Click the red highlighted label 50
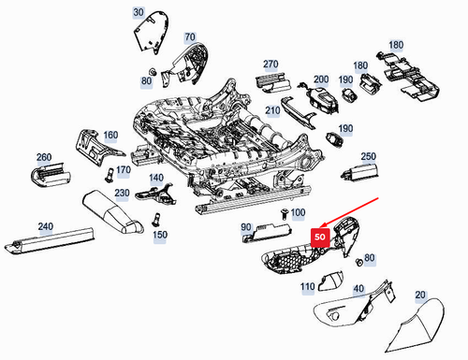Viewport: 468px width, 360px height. (x=320, y=237)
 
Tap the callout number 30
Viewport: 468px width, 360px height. (x=139, y=12)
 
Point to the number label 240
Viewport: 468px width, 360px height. (x=46, y=226)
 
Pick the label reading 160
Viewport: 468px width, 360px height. (x=111, y=136)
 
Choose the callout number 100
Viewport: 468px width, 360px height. (x=298, y=213)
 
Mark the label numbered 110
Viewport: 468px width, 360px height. (x=308, y=286)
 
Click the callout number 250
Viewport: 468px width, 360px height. (x=369, y=156)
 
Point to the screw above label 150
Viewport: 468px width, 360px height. (x=155, y=220)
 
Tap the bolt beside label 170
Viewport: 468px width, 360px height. (x=109, y=173)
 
